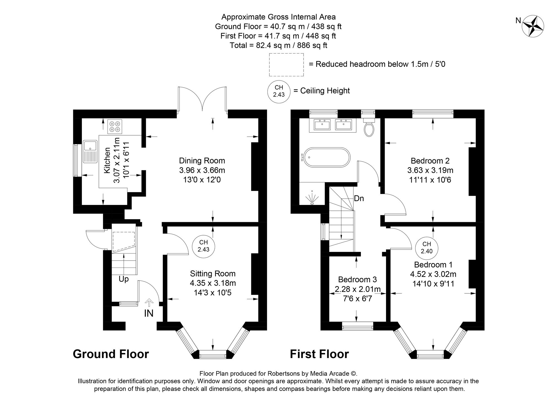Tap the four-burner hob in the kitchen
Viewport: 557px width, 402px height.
point(115,126)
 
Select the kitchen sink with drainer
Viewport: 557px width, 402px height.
point(90,152)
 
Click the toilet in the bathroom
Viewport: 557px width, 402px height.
point(369,128)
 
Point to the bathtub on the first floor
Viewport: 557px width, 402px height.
point(326,158)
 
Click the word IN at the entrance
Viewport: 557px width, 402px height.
point(149,313)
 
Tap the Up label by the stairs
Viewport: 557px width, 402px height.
point(124,279)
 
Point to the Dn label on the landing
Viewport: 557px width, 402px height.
point(359,199)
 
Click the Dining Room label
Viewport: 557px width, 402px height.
point(202,161)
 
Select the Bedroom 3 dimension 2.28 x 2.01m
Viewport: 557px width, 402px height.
point(358,290)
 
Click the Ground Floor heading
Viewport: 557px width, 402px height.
point(111,354)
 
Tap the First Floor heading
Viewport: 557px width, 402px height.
point(319,354)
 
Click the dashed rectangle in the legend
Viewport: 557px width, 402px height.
point(286,65)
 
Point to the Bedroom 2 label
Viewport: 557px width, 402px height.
point(430,161)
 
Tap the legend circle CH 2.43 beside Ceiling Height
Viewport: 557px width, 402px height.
point(279,91)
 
